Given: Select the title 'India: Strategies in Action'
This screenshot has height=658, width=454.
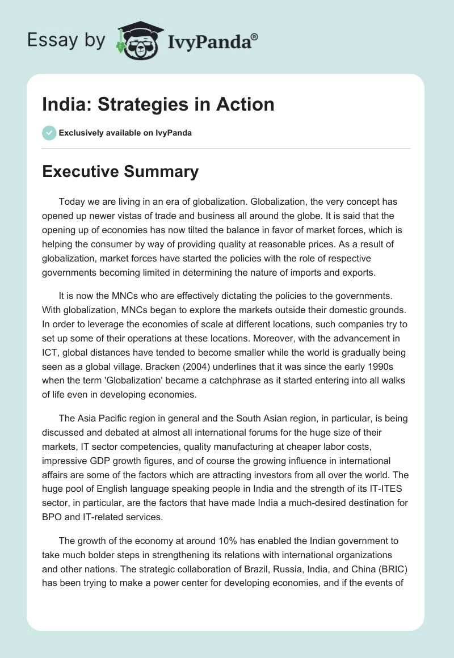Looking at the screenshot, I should (x=158, y=104).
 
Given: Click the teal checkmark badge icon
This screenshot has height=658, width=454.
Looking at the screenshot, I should (x=49, y=133).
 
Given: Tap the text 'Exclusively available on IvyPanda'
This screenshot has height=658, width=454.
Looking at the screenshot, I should (x=125, y=133).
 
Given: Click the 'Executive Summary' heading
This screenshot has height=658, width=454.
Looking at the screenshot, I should (x=120, y=172).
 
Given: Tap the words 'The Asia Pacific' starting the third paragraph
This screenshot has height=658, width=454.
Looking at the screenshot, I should (x=91, y=419).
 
